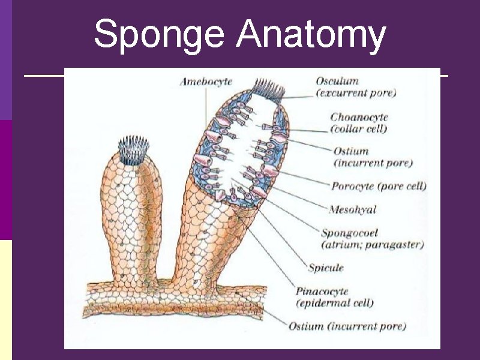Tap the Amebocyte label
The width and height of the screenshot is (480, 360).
click(206, 82)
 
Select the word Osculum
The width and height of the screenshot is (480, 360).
click(337, 81)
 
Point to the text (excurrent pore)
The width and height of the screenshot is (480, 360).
click(356, 93)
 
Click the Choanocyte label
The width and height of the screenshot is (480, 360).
click(359, 117)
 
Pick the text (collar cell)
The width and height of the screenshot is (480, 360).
click(359, 128)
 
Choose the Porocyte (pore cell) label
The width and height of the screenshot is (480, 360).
click(379, 186)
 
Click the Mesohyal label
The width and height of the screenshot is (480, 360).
click(353, 209)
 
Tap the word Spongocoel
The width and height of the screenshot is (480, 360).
click(350, 233)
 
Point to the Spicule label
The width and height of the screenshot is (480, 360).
click(326, 268)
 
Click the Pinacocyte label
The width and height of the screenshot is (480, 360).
click(322, 291)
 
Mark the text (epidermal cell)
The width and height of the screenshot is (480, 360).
click(335, 303)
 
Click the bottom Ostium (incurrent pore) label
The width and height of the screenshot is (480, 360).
click(347, 326)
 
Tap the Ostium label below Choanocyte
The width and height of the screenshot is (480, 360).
click(351, 151)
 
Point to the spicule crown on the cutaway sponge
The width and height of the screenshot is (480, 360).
click(267, 89)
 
